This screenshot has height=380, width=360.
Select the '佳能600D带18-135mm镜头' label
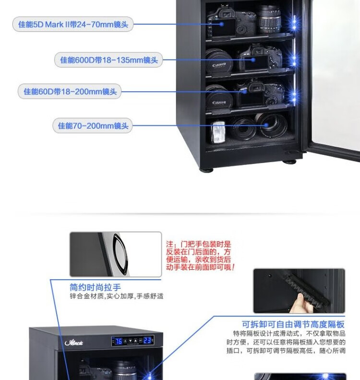[x=108, y=60]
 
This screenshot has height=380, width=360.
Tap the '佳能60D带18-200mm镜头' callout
[x=70, y=91]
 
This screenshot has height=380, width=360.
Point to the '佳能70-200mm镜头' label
[x=93, y=126]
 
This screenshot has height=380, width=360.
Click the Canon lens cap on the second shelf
[x=219, y=62]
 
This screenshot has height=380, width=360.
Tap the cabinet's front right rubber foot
[x=289, y=161]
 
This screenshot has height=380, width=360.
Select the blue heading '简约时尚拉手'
[x=95, y=287]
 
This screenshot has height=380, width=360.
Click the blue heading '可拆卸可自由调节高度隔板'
[x=293, y=324]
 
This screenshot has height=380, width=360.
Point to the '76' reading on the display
[x=118, y=341]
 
